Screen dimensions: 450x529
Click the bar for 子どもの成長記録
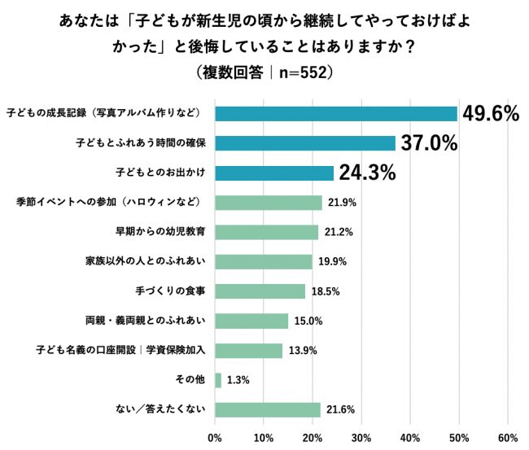point(336,114)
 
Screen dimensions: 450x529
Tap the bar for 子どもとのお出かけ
point(274,173)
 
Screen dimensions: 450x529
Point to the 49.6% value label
point(491,114)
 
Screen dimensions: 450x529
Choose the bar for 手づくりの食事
point(260,291)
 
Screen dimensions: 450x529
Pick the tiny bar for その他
point(218,380)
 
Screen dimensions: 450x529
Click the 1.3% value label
point(238,380)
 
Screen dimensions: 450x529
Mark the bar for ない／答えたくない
point(268,409)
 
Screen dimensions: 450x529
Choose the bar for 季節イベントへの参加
point(269,203)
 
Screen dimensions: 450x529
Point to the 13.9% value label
point(304,351)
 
